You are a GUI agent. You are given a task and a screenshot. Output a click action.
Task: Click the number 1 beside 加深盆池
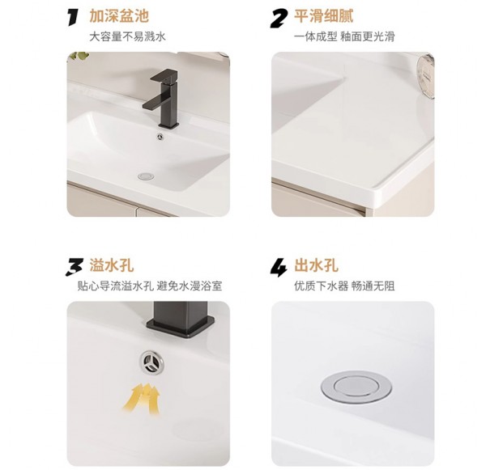(73, 16)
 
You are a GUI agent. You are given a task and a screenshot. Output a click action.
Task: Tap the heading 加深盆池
(119, 16)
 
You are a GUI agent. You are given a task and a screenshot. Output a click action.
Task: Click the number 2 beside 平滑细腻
(280, 16)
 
